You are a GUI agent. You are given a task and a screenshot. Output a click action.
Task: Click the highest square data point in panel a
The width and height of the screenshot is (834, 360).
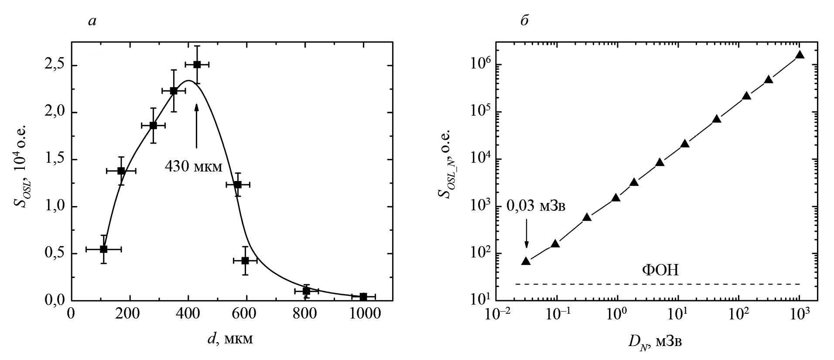(197, 65)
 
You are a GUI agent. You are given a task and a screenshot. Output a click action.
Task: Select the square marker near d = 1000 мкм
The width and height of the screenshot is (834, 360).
(363, 297)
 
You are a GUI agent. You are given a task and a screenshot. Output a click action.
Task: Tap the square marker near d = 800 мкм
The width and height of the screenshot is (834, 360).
(306, 291)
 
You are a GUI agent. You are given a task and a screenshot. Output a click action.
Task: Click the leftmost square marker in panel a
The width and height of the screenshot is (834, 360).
(103, 249)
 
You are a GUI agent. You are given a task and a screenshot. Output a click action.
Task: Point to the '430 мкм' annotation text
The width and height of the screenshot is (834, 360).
(193, 167)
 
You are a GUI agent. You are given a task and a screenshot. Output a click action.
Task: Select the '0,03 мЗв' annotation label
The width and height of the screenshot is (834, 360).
(536, 206)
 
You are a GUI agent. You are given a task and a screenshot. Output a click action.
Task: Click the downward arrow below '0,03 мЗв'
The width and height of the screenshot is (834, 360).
(526, 233)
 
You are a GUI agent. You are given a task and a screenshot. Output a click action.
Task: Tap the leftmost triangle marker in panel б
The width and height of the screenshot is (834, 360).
(526, 261)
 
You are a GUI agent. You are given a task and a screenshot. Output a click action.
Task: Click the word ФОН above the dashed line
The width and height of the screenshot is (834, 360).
(660, 271)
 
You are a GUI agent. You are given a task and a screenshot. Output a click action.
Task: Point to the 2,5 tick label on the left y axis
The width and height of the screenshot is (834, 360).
(55, 66)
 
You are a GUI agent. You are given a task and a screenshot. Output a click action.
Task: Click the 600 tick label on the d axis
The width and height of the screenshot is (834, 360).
(246, 315)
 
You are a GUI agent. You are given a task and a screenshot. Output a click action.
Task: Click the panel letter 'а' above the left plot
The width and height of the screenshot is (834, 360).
(92, 21)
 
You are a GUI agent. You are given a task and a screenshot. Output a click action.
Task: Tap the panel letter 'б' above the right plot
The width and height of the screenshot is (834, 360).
(525, 20)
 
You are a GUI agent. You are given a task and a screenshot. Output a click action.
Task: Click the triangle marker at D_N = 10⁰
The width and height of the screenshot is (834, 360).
(616, 198)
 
